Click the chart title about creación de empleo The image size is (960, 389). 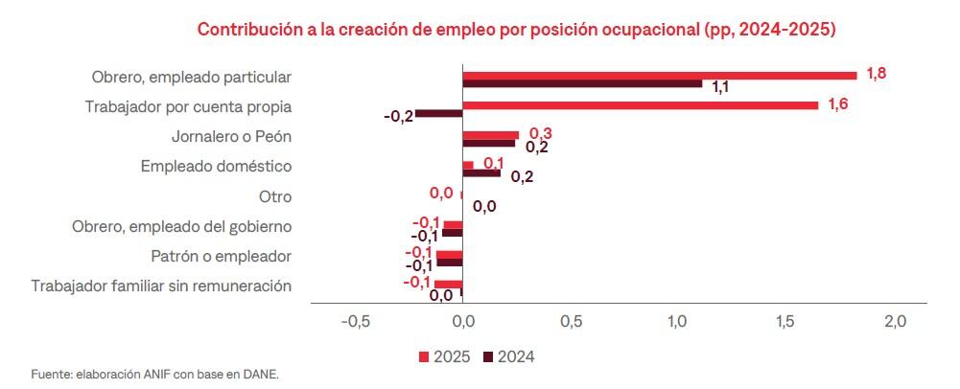[x=517, y=29]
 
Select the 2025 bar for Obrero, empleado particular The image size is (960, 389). [x=659, y=76]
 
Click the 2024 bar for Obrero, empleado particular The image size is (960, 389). [x=582, y=84]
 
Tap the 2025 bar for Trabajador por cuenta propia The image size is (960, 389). [x=640, y=104]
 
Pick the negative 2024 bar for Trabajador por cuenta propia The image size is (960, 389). [x=439, y=114]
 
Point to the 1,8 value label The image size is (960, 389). [x=876, y=73]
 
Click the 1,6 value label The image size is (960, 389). [x=837, y=104]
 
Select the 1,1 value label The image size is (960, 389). [x=721, y=87]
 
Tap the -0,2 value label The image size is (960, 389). [x=398, y=116]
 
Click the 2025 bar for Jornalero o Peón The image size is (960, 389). [x=490, y=135]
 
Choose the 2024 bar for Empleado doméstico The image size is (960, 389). [x=481, y=173]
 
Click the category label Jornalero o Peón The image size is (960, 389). [x=231, y=136]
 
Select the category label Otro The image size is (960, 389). [x=274, y=197]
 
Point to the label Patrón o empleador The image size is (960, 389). [x=221, y=257]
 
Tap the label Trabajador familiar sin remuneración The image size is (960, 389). [x=161, y=286]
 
